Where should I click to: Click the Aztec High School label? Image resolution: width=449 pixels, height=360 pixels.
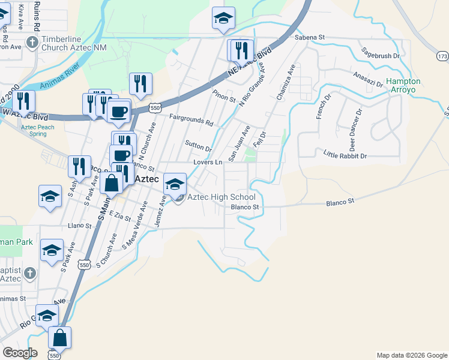tap(221, 197)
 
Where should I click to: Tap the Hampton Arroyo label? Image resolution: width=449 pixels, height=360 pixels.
tap(403, 85)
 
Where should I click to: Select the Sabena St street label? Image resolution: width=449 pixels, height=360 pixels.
tap(310, 37)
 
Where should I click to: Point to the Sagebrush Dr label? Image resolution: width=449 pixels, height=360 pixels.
tap(381, 56)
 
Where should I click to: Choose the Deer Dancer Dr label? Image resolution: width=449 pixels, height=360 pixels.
tap(352, 130)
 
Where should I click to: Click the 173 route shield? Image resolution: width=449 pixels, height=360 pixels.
tap(442, 56)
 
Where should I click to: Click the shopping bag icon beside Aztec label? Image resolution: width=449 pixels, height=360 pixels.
tap(112, 183)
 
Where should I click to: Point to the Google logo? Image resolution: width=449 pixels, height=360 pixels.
tap(20, 353)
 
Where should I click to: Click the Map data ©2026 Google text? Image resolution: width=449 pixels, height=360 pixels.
tap(411, 355)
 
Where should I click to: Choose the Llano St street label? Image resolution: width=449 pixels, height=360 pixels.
tap(80, 226)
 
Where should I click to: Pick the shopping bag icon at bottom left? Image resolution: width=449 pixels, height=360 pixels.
tap(60, 337)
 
